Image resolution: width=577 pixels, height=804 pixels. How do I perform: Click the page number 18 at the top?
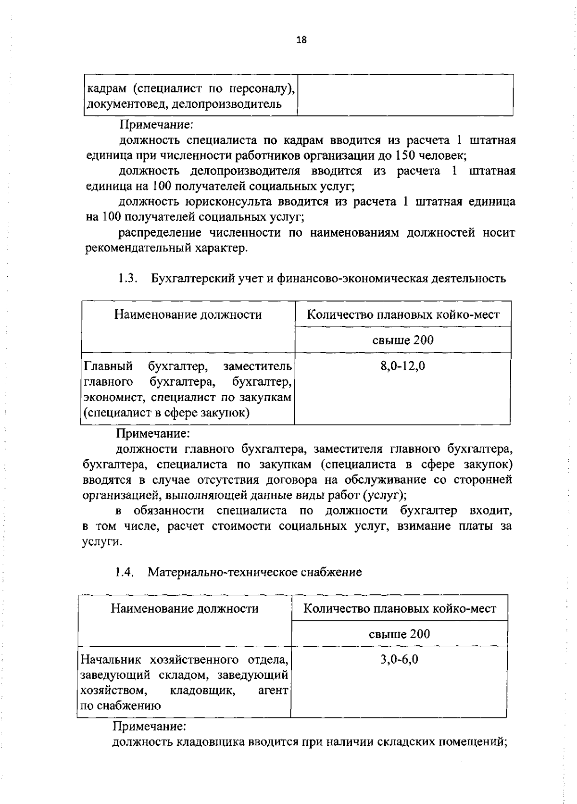point(301,40)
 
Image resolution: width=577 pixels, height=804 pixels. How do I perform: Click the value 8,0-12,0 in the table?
point(403,366)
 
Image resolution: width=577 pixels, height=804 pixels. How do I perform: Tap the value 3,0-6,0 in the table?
point(399,659)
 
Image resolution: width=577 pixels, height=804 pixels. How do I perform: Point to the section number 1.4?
point(124,572)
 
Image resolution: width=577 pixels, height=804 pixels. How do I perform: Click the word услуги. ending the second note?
point(95,542)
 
